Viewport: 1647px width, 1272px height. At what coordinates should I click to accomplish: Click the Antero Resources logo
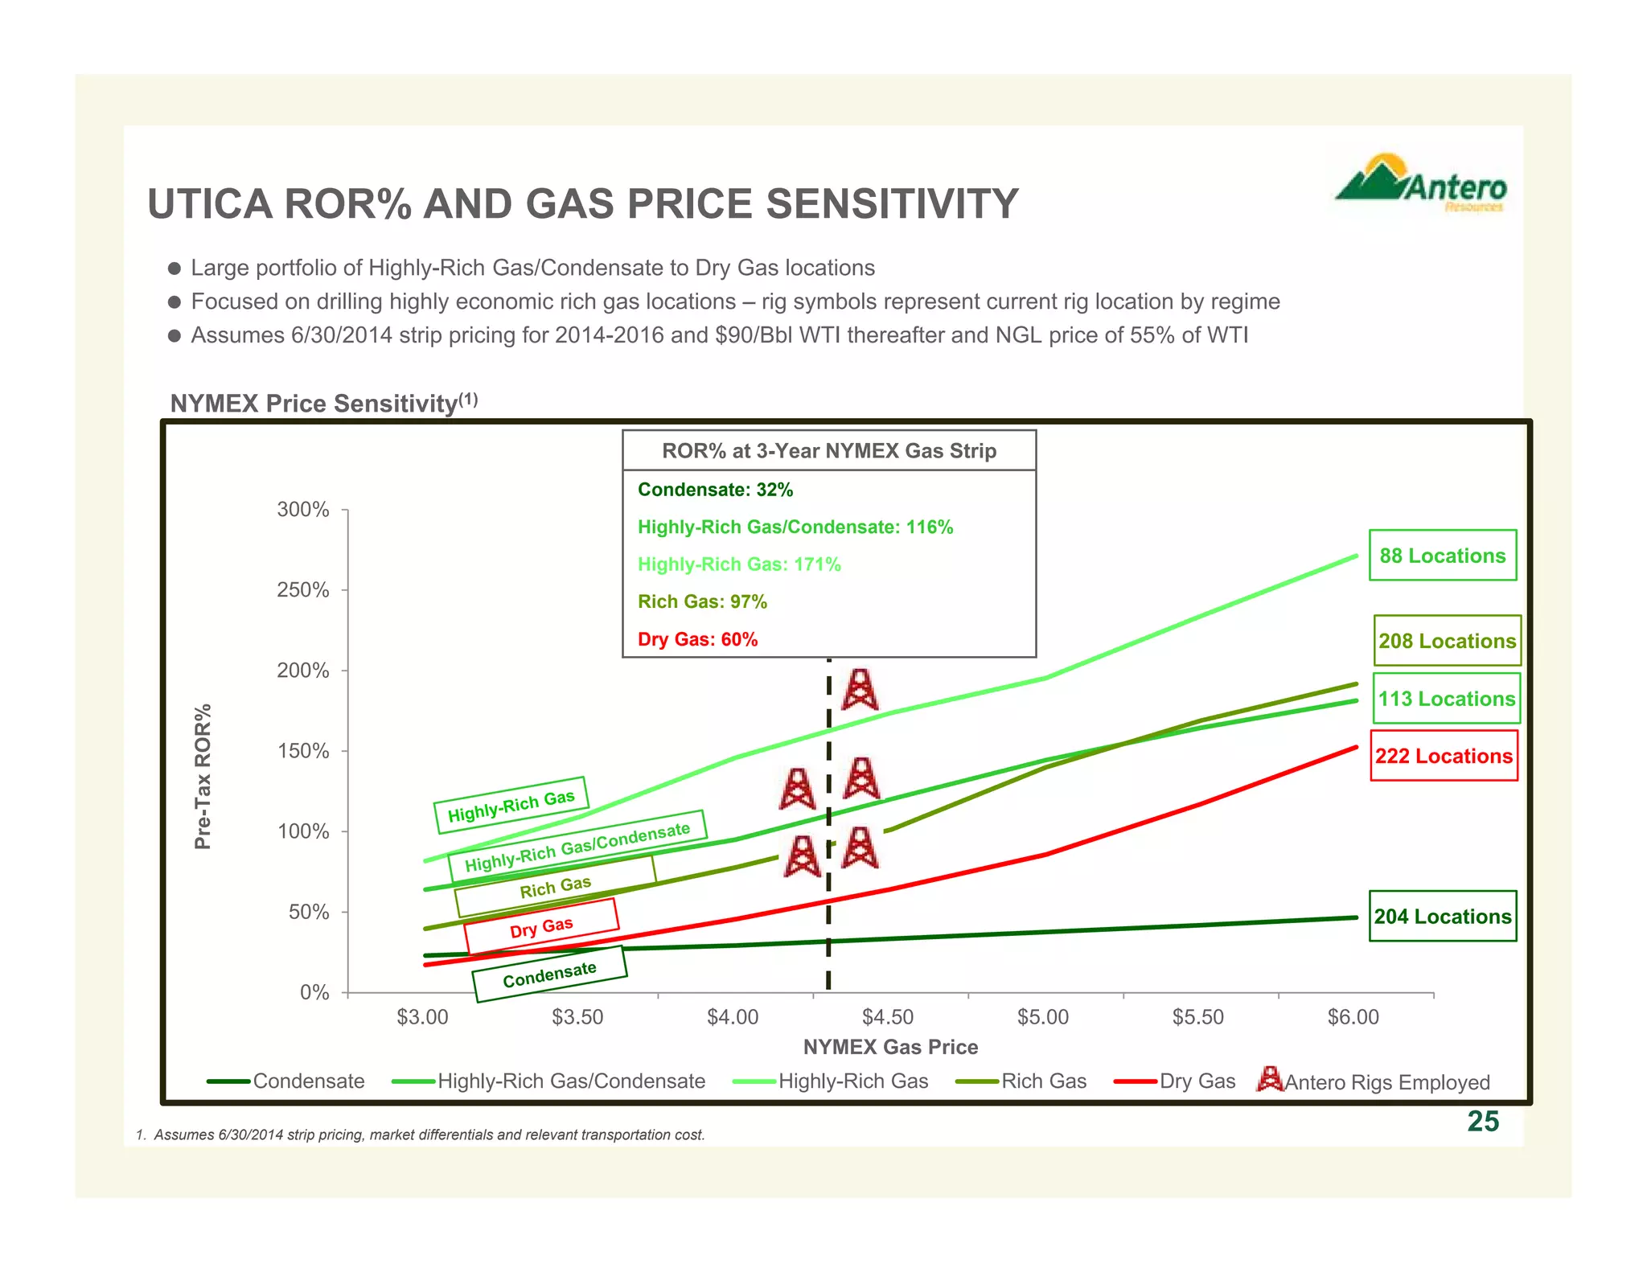(1421, 184)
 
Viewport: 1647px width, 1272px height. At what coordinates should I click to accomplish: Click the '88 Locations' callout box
(1443, 556)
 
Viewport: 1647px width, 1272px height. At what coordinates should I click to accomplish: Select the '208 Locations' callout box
(1447, 641)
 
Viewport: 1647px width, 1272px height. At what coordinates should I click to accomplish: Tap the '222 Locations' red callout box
(1444, 756)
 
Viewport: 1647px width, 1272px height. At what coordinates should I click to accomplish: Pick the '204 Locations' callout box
(1443, 917)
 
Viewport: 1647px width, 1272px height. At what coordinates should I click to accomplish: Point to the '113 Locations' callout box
(1447, 699)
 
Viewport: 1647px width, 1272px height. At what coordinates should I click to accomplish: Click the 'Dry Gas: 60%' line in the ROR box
(697, 639)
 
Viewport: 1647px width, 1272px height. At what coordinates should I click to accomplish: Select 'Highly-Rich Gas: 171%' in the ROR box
(739, 564)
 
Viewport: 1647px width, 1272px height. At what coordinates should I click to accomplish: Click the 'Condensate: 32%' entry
(715, 490)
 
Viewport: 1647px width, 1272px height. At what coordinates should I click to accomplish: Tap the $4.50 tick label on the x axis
(888, 1017)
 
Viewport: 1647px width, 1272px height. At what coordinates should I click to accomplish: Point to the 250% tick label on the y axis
(303, 590)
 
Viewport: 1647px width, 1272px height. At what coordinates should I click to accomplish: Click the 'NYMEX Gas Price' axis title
(890, 1047)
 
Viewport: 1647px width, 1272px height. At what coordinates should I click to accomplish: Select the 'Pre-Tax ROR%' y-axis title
(203, 777)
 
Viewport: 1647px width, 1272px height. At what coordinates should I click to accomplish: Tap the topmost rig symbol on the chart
(860, 690)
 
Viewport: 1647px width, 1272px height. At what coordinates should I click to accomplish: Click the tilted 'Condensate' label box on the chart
(549, 974)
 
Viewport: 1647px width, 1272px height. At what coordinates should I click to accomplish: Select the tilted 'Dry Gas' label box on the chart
(541, 926)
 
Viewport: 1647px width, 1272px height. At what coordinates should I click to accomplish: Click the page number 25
(1483, 1121)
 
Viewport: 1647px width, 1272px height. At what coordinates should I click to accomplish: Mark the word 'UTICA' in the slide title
(210, 203)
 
